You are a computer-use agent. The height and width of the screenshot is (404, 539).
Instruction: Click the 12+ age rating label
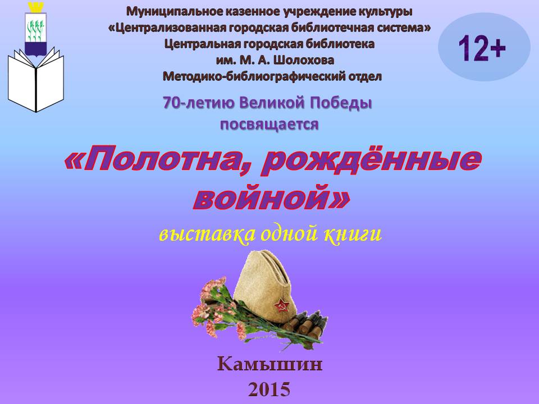click(482, 48)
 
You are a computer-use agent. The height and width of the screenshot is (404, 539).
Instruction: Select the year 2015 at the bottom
click(269, 389)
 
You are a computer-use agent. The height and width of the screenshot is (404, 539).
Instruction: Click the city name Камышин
click(270, 364)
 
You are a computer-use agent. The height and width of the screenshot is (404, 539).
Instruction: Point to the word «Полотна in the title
click(150, 160)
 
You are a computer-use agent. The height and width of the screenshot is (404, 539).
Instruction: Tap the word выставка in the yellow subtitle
click(207, 235)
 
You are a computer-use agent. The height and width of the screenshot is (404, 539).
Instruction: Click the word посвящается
click(269, 125)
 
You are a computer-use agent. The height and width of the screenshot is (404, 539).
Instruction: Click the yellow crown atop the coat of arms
click(36, 7)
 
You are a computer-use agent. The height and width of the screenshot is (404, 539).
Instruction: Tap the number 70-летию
click(198, 103)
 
